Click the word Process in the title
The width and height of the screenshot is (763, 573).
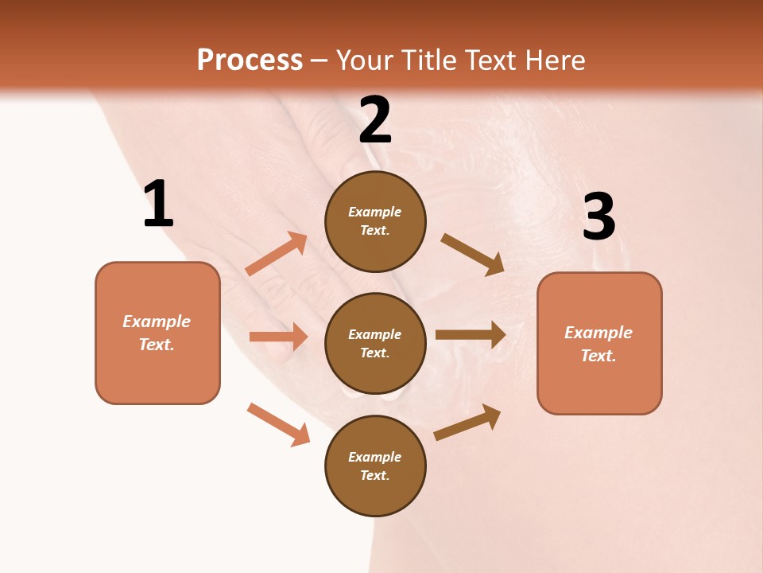pos(250,60)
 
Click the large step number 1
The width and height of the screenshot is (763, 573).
pos(158,205)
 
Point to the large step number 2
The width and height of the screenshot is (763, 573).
pos(375,120)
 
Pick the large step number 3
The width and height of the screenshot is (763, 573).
pos(598,217)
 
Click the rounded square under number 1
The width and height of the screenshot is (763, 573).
pos(157,333)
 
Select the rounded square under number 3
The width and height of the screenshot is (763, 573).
pos(599,343)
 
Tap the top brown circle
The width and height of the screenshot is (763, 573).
pos(375,221)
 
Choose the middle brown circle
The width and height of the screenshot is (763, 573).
pos(375,343)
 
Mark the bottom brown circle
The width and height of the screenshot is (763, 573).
pos(375,466)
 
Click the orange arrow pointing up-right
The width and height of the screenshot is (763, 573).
pos(277,254)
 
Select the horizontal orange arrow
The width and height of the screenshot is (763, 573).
pos(278,337)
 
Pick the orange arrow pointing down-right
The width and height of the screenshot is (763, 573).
pos(279,424)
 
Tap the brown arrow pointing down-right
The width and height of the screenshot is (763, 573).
pos(473,255)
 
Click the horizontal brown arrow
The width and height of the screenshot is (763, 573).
pos(471,334)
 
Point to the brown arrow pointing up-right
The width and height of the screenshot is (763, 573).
pos(467,422)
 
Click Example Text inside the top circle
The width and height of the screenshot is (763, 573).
pos(375,221)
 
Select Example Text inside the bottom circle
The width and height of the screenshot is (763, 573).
pos(375,466)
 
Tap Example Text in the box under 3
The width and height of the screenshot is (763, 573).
pos(598,344)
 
